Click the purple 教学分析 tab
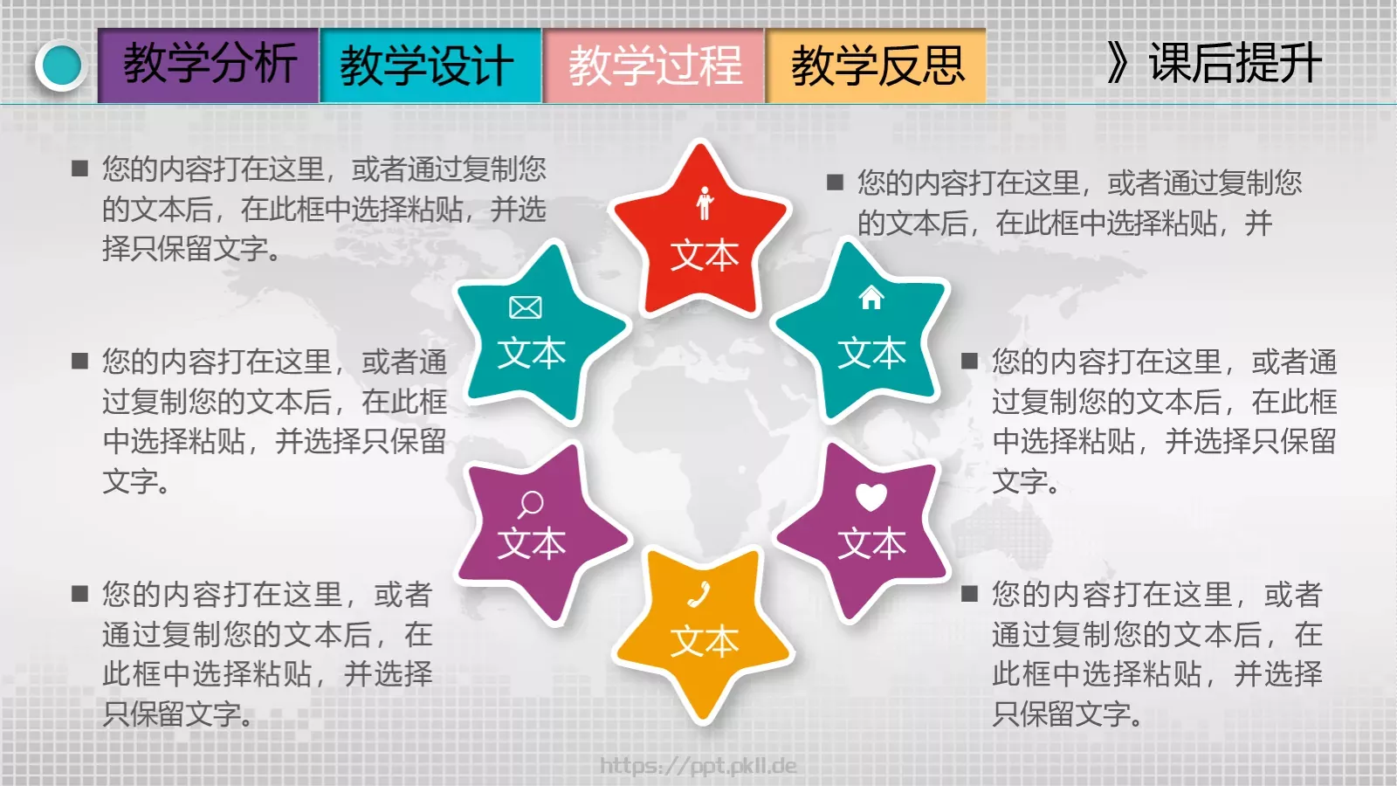(x=209, y=65)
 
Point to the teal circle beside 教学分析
(x=61, y=65)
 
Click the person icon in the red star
(x=705, y=203)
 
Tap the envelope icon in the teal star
(x=526, y=307)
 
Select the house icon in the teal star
(x=871, y=298)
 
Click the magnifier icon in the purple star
(x=530, y=504)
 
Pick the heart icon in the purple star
(x=871, y=496)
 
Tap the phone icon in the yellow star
(x=699, y=596)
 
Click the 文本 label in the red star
(x=705, y=256)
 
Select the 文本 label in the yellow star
(x=705, y=642)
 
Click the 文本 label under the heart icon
(x=871, y=543)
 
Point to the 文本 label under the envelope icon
(x=532, y=353)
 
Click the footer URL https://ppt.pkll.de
(x=698, y=766)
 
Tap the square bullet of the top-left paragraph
(x=80, y=169)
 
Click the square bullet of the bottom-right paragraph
(x=969, y=595)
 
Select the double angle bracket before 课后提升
(x=1118, y=63)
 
